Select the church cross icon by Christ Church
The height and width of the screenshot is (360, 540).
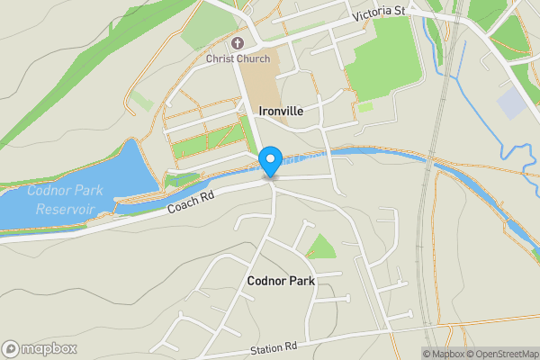(x=238, y=42)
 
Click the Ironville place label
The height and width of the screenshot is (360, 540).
(x=281, y=111)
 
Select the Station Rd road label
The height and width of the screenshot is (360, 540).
(x=274, y=347)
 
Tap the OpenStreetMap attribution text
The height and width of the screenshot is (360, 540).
(x=501, y=354)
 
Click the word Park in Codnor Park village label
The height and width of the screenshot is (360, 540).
(x=300, y=282)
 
